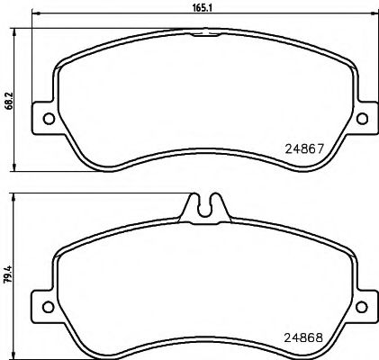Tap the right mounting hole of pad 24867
click(x=361, y=118)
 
